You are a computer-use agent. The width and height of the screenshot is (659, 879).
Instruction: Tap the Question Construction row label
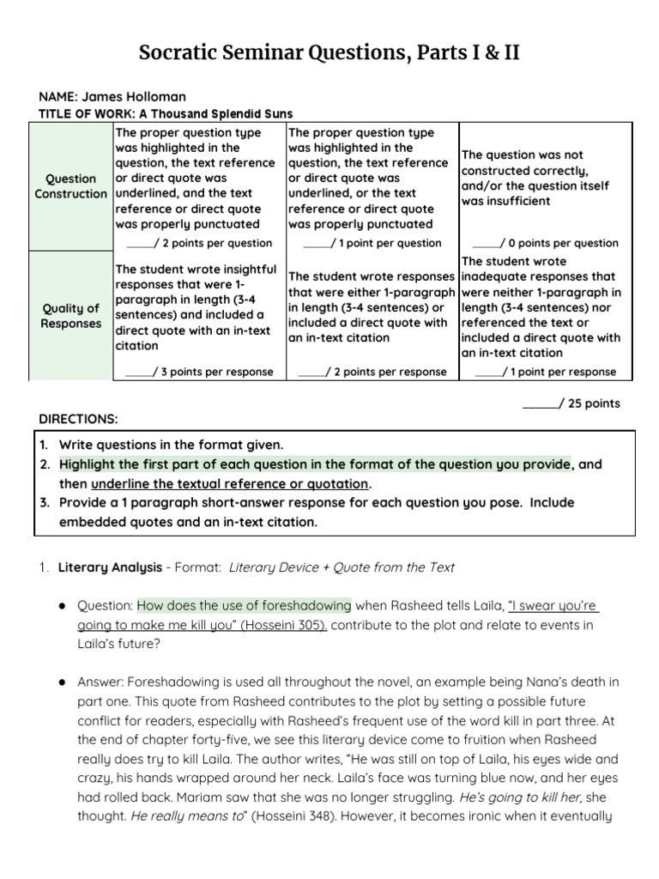point(70,186)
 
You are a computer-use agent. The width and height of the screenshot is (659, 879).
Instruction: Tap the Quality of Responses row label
point(70,316)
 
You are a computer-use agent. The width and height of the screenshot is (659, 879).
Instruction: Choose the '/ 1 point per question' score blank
point(316,243)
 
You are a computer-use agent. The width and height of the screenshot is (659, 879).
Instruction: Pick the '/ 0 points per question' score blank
point(487,243)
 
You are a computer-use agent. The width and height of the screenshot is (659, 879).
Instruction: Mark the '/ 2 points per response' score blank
point(311,372)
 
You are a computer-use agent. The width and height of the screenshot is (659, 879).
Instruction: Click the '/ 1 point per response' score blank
point(489,372)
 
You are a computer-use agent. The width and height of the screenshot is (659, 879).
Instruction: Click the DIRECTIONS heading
point(79,419)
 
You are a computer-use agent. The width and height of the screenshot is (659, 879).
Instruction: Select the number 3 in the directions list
point(44,502)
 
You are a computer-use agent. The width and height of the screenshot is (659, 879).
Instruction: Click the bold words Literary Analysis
point(110,567)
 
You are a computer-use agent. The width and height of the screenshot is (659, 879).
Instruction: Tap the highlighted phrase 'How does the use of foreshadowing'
point(244,605)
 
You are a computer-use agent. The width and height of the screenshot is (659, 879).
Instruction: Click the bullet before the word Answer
point(63,682)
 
